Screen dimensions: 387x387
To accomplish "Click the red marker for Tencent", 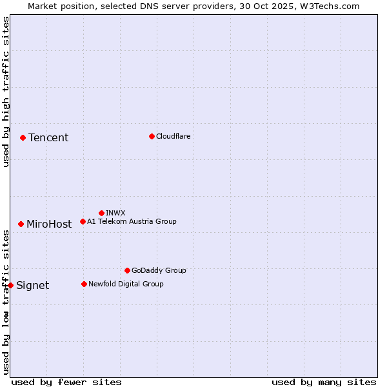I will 23,137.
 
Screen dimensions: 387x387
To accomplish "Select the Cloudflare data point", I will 152,136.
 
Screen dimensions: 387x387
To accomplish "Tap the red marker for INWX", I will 101,213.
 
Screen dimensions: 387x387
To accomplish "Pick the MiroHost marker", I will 21,224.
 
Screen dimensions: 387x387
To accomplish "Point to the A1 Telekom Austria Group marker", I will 83,221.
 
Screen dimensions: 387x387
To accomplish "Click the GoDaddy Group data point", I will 127,270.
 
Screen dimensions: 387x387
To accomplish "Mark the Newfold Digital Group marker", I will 84,284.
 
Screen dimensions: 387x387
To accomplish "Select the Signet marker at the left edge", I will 10,285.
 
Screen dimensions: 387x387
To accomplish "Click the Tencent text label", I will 48,137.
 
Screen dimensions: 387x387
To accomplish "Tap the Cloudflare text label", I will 173,136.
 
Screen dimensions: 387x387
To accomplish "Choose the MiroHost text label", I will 49,224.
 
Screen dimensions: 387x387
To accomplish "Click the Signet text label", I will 32,286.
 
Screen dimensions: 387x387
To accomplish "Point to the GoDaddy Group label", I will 159,270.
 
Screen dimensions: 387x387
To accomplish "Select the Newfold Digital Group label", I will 126,284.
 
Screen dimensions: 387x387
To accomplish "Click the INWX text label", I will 115,213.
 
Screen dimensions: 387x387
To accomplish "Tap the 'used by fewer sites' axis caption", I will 66,382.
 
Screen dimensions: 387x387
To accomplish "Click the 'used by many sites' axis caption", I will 324,382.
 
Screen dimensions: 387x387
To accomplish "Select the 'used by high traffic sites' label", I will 6,92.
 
